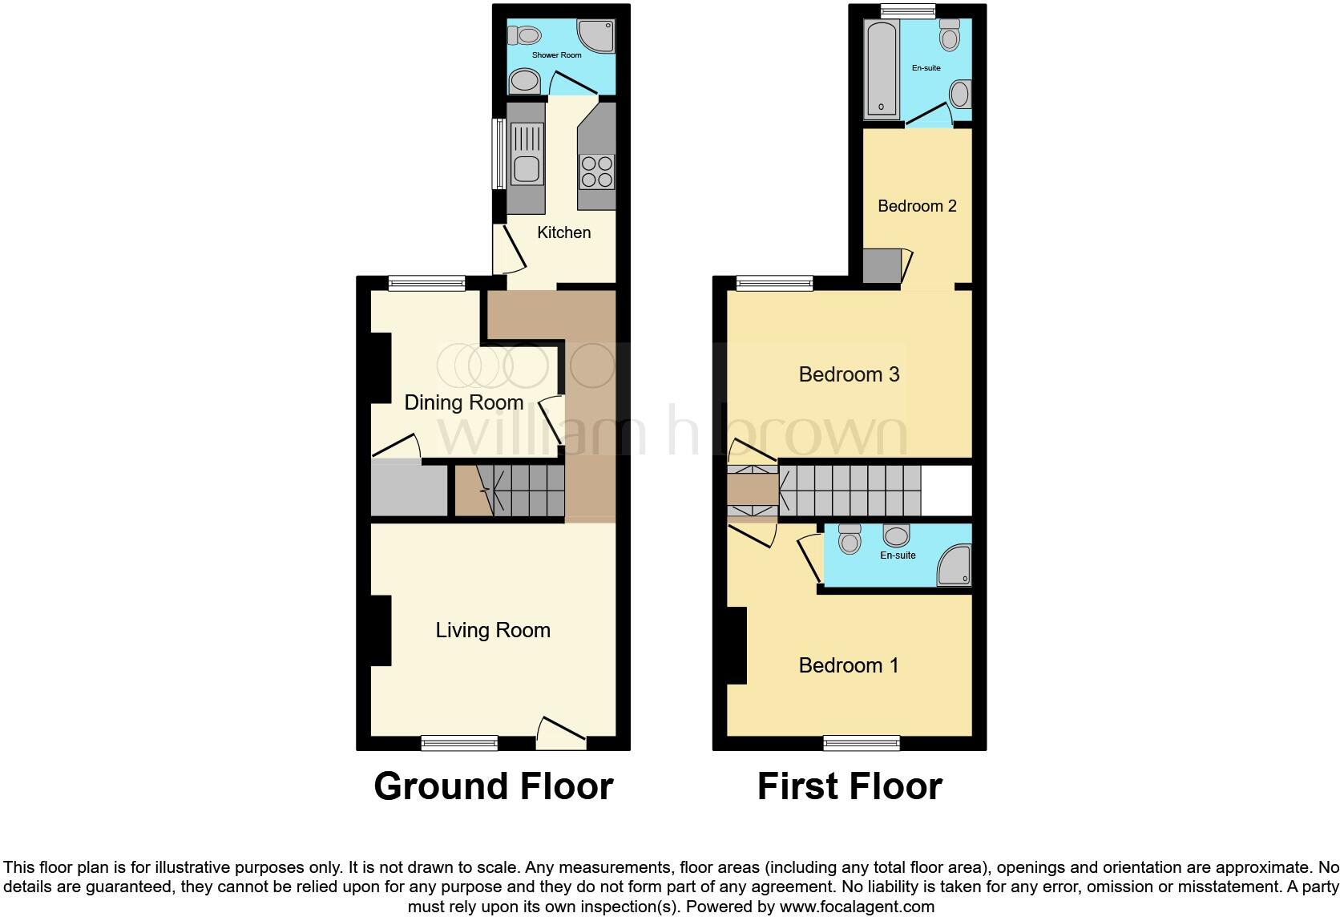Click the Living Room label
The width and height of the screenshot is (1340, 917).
[x=493, y=630]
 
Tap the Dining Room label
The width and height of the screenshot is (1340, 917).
[x=463, y=402]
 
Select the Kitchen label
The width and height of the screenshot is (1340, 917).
[x=563, y=232]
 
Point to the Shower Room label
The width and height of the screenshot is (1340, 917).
[x=556, y=55]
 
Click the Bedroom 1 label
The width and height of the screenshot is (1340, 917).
[x=848, y=665]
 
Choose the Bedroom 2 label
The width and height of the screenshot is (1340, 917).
[x=917, y=206]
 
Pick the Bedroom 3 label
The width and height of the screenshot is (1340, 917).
[x=849, y=374]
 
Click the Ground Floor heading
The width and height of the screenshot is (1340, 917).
[x=493, y=786]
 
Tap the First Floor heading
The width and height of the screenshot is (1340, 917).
[x=850, y=786]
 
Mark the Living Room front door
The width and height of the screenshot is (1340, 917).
[x=561, y=733]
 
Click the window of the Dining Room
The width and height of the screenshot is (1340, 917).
[x=426, y=283]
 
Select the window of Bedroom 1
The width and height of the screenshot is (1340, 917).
[x=861, y=743]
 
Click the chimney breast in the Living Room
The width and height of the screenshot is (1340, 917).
[x=381, y=630]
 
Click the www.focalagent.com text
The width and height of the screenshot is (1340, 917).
[x=857, y=907]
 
